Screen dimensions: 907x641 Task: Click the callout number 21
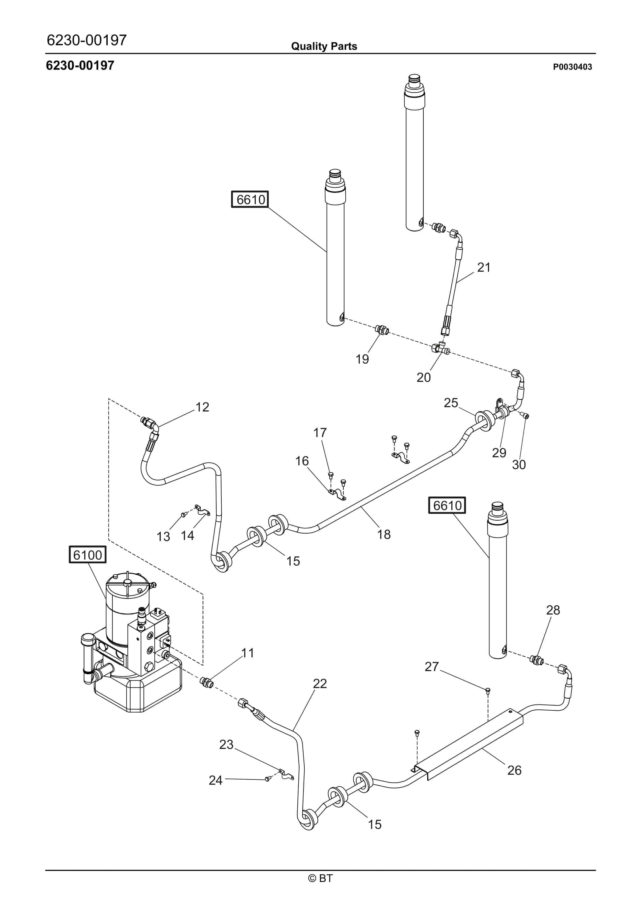(x=484, y=267)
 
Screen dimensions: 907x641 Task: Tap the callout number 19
(x=362, y=359)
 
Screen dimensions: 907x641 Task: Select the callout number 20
(x=423, y=377)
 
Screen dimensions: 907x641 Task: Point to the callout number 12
(x=202, y=407)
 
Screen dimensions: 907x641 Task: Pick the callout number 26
(x=514, y=770)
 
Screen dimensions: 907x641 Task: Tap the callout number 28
(x=553, y=610)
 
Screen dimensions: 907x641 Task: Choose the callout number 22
(x=320, y=683)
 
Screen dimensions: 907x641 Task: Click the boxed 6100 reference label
(x=87, y=555)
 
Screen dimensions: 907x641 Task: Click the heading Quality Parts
(x=324, y=46)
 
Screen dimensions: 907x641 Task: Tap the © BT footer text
(x=320, y=878)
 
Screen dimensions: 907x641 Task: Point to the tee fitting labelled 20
(x=440, y=348)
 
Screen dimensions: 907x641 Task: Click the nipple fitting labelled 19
(x=382, y=329)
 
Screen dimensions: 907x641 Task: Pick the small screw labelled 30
(x=526, y=416)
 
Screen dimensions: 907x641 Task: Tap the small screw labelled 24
(x=268, y=779)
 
